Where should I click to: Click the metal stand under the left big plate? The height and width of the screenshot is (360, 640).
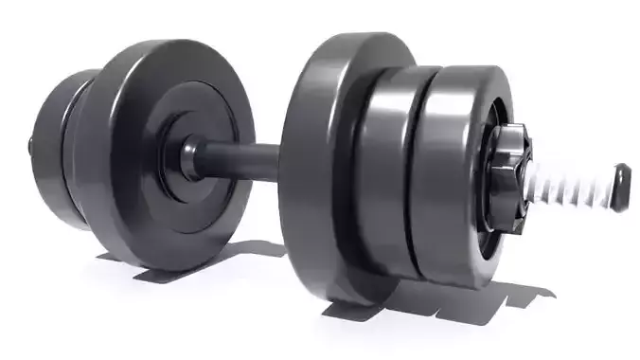pos(161,269)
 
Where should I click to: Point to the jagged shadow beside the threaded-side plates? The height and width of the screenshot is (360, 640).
pos(530,284)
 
